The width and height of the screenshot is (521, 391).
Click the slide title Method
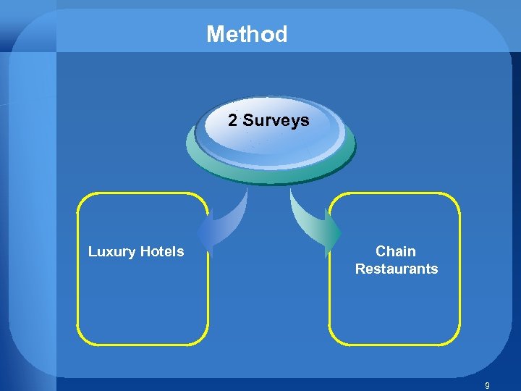pos(247,34)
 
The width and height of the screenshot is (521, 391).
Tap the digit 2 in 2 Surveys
pos(232,120)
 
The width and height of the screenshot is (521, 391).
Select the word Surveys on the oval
pos(276,121)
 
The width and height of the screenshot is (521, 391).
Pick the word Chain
pos(396,251)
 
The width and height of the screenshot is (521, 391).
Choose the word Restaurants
pos(396,269)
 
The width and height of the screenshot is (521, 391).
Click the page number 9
pos(487,386)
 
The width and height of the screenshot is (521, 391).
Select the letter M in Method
pos(215,34)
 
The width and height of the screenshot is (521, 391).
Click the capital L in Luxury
pos(92,252)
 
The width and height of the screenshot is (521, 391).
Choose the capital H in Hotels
pos(143,251)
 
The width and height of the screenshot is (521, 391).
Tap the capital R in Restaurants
pos(360,269)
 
